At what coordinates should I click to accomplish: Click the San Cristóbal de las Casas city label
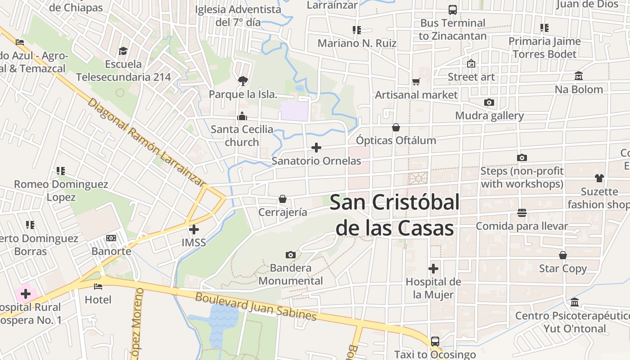pyautogui.click(x=395, y=215)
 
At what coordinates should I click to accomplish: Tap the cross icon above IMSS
pyautogui.click(x=194, y=229)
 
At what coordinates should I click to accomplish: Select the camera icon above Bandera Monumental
pyautogui.click(x=291, y=255)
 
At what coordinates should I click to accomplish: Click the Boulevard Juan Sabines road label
pyautogui.click(x=256, y=307)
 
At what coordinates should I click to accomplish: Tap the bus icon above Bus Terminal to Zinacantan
pyautogui.click(x=453, y=10)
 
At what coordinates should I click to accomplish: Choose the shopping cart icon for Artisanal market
pyautogui.click(x=416, y=82)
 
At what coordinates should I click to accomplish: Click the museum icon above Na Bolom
pyautogui.click(x=579, y=76)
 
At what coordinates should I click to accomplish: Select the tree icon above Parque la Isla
pyautogui.click(x=243, y=81)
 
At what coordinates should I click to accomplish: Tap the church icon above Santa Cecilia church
pyautogui.click(x=242, y=117)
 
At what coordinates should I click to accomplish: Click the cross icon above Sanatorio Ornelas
pyautogui.click(x=316, y=148)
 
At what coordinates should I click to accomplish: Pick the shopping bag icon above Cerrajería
pyautogui.click(x=283, y=199)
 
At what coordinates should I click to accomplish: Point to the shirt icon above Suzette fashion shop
pyautogui.click(x=599, y=178)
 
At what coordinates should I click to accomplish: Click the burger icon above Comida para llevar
pyautogui.click(x=522, y=213)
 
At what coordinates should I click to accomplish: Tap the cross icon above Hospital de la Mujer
pyautogui.click(x=433, y=269)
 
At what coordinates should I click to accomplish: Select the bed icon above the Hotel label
pyautogui.click(x=98, y=287)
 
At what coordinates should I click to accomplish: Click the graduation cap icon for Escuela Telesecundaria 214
pyautogui.click(x=123, y=51)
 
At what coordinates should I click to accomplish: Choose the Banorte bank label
pyautogui.click(x=111, y=251)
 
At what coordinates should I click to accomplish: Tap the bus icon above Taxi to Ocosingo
pyautogui.click(x=435, y=341)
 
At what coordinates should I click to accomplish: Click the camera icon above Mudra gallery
pyautogui.click(x=489, y=103)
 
